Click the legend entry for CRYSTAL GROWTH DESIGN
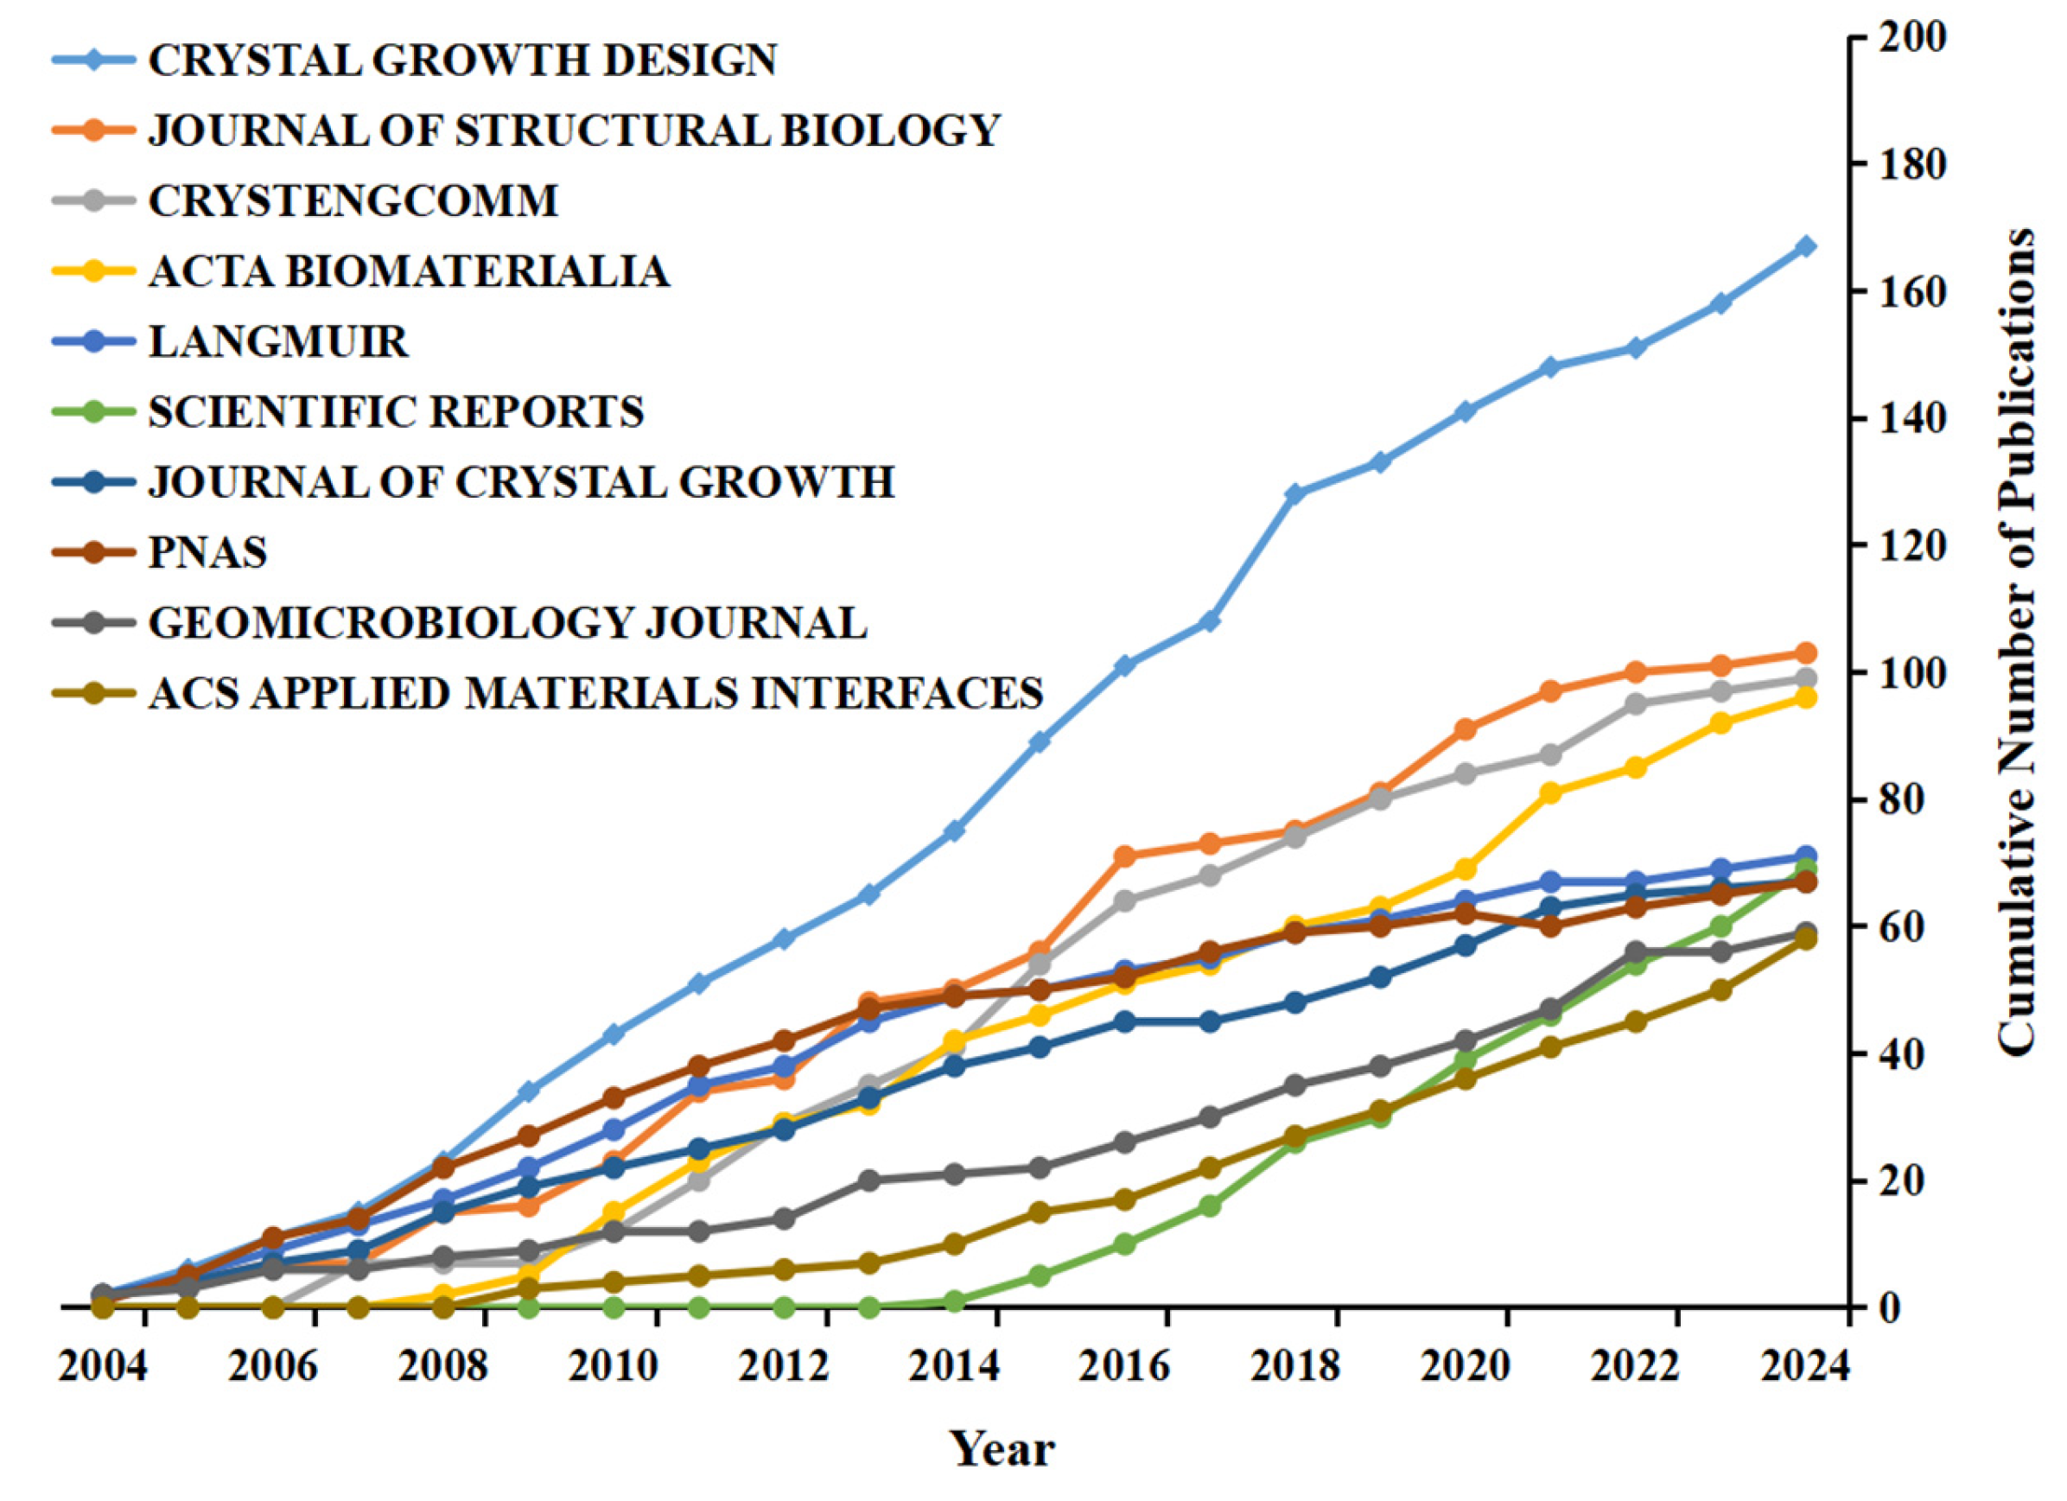[462, 60]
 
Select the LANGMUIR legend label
[279, 341]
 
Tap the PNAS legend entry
[207, 552]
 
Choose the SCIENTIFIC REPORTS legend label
[397, 412]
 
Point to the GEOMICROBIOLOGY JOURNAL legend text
[507, 623]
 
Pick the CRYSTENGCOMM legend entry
[353, 200]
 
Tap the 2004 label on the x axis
[102, 1367]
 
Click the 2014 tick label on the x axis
[954, 1367]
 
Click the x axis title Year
[1002, 1448]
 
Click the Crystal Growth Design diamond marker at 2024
[1806, 246]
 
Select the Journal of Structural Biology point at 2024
[1806, 652]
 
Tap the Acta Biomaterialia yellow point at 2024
[1806, 697]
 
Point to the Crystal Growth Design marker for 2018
[1295, 493]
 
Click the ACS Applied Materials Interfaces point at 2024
[1806, 940]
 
